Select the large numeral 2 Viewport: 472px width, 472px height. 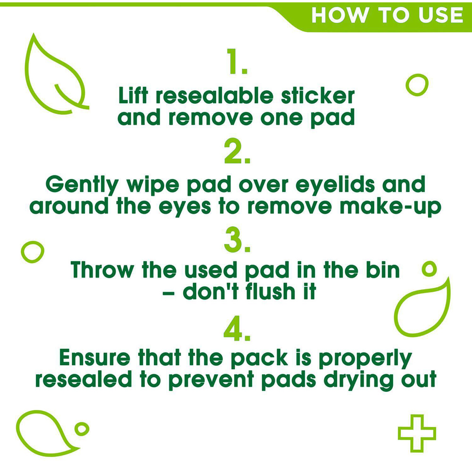click(233, 151)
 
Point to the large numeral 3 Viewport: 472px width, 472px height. click(233, 240)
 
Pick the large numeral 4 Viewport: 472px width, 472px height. click(233, 329)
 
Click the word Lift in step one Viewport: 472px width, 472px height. click(133, 95)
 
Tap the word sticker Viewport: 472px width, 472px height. click(318, 95)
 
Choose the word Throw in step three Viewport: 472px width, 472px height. click(102, 270)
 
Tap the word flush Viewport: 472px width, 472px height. click(270, 291)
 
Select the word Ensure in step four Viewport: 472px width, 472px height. click(95, 357)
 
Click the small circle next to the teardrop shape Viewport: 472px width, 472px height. click(82, 429)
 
